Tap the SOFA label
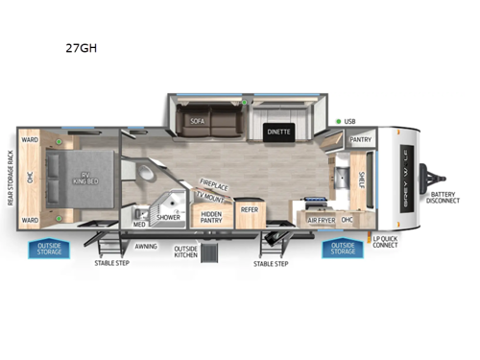tap(198, 122)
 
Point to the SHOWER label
tap(169, 217)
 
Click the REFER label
tap(249, 208)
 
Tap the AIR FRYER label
tap(321, 220)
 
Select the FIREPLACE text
tap(213, 180)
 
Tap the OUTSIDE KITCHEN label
tap(185, 252)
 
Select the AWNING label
tap(146, 246)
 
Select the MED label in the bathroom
tap(139, 224)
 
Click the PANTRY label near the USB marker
tap(360, 139)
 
